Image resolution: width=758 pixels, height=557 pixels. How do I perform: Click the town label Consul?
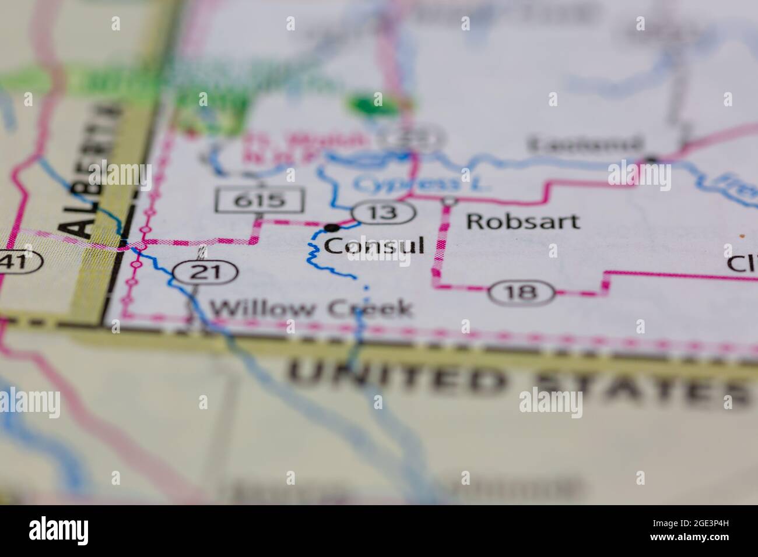374,246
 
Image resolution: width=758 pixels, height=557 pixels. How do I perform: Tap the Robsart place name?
523,221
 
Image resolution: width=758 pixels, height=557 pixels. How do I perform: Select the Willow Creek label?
311,308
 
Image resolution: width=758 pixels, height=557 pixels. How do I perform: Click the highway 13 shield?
384,213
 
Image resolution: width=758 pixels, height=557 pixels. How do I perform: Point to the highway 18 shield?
522,292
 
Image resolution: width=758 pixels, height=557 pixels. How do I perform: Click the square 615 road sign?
260,200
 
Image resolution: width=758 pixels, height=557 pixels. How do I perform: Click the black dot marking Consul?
332,227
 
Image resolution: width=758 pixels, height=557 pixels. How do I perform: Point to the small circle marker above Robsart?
450,202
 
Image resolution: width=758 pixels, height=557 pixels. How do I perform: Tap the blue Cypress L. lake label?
420,184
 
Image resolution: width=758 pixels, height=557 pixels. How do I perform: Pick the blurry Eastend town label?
585,144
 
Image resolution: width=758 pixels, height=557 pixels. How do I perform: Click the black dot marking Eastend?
651,159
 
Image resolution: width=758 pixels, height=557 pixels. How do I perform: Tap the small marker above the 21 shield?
202,252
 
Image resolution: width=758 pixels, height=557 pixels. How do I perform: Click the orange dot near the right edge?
742,237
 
